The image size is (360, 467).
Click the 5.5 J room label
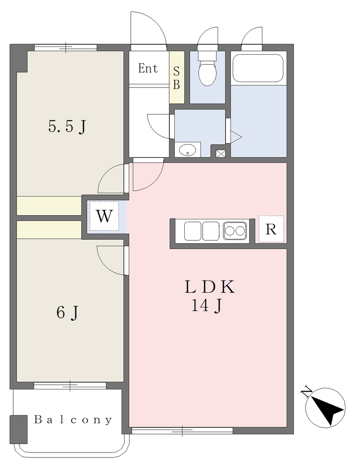(67, 127)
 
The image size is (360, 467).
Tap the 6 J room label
(68, 312)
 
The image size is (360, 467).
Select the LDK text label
(209, 287)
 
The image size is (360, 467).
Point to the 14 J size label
(207, 305)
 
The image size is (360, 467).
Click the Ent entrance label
(148, 68)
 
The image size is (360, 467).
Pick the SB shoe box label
(177, 78)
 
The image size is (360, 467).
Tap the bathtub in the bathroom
(258, 68)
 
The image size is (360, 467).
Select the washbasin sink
(188, 150)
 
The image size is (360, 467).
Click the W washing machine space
(104, 216)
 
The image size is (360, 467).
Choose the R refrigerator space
(271, 229)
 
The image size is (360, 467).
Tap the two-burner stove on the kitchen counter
(235, 231)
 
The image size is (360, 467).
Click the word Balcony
(73, 420)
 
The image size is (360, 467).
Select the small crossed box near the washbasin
(220, 153)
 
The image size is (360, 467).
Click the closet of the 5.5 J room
(49, 206)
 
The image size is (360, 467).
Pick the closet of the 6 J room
(49, 230)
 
